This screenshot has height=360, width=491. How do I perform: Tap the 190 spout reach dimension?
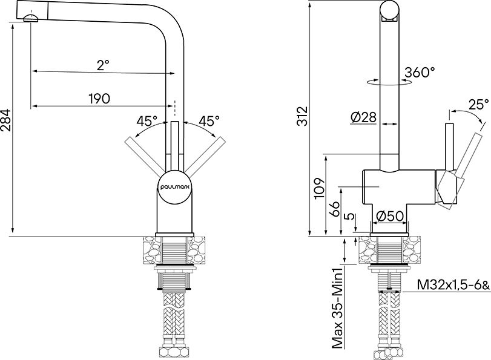tap(99, 99)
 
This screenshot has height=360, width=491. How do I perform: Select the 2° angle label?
tap(103, 65)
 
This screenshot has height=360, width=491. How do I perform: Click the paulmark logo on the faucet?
tap(175, 187)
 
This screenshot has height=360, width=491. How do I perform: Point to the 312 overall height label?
tap(303, 116)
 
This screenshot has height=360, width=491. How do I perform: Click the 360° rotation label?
tap(420, 73)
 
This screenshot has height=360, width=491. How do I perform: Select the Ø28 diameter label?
tap(363, 117)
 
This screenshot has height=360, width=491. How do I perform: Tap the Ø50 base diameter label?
tap(389, 216)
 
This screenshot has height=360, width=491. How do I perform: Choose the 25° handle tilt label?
tap(478, 105)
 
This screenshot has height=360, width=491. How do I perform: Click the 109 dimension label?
tap(319, 188)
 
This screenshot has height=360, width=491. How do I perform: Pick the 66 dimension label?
tap(334, 209)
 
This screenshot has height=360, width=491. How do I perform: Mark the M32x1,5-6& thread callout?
tap(453, 285)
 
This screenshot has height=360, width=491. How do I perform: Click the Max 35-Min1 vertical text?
tap(338, 310)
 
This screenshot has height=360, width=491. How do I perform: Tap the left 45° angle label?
tap(147, 120)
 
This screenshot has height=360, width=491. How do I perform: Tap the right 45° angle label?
tap(209, 120)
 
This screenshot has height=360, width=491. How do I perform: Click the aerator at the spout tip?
tap(31, 18)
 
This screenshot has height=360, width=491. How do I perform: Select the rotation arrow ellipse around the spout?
tap(389, 82)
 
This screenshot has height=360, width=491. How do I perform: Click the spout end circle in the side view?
tap(389, 10)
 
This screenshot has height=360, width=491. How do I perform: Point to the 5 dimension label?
tap(350, 217)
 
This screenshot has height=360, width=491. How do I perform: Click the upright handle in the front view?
tap(175, 146)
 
